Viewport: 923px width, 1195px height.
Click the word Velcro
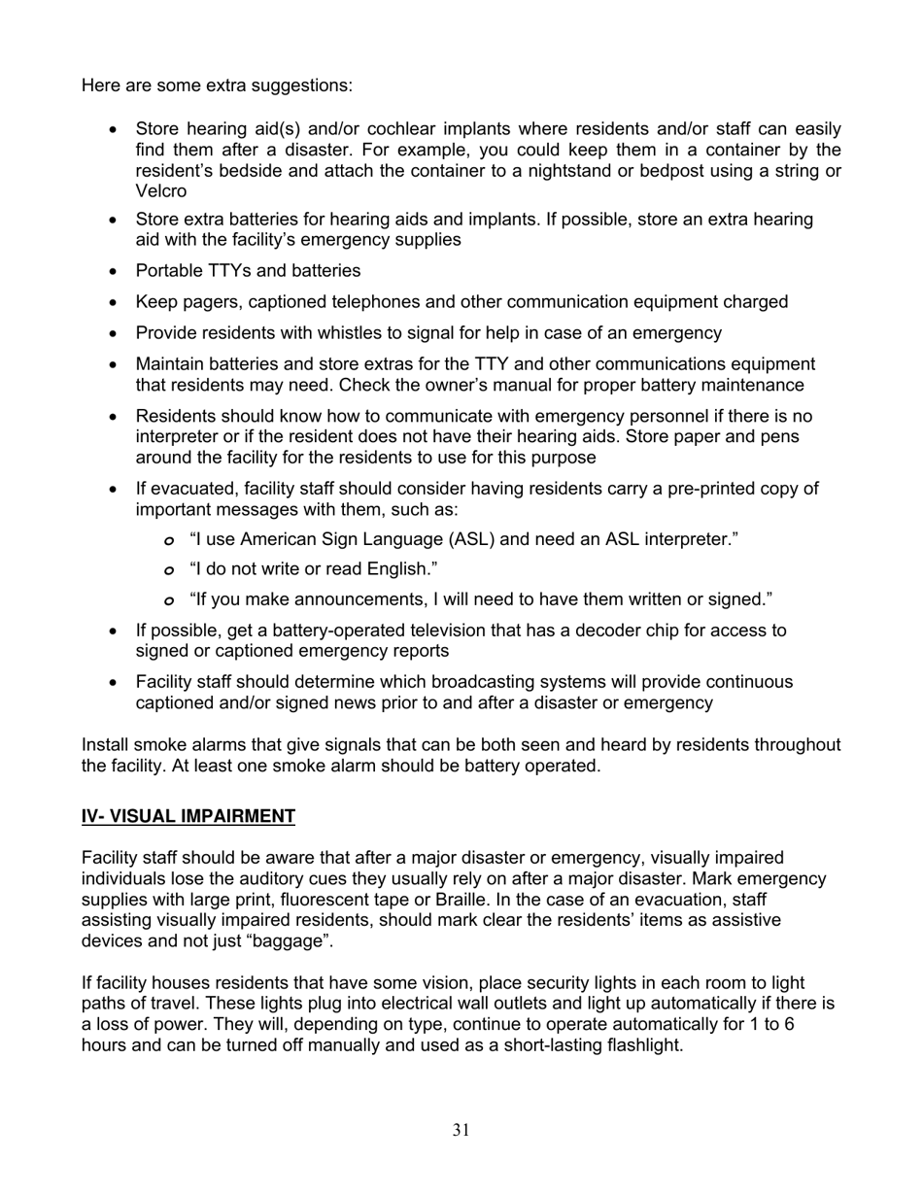[x=160, y=192]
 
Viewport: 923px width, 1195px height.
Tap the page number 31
[x=461, y=1130]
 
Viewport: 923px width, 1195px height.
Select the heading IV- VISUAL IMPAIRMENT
[x=188, y=817]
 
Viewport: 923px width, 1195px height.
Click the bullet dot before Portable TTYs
[x=114, y=271]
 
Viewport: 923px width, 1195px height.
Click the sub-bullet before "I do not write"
[x=170, y=569]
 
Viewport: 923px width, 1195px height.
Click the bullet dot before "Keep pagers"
[x=114, y=302]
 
